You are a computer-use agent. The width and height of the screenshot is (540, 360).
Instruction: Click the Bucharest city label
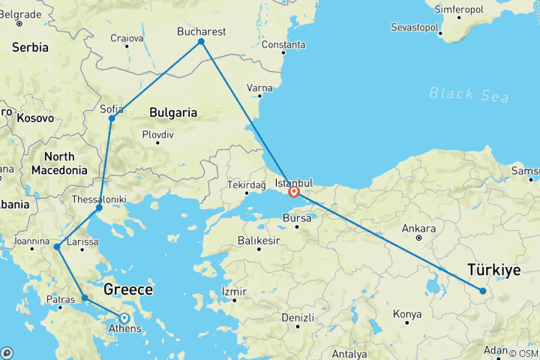201,31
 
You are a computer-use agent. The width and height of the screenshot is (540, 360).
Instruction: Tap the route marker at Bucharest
201,41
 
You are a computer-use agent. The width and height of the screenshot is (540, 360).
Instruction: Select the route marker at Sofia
112,118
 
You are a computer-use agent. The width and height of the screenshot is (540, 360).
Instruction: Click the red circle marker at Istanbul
294,192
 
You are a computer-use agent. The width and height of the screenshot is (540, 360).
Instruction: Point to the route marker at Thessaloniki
99,208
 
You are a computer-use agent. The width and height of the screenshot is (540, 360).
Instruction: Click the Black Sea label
469,94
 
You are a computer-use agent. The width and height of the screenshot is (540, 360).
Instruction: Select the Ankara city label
418,228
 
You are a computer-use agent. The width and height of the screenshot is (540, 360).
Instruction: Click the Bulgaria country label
173,112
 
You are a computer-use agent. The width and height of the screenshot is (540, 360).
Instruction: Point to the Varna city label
259,88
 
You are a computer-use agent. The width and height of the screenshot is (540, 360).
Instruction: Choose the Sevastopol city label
417,27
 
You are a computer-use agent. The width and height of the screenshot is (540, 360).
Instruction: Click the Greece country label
128,289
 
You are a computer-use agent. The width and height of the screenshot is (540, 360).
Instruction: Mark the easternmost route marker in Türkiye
483,291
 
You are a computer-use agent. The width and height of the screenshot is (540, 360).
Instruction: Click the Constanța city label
283,45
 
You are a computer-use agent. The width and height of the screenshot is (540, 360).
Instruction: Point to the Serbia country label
30,47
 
